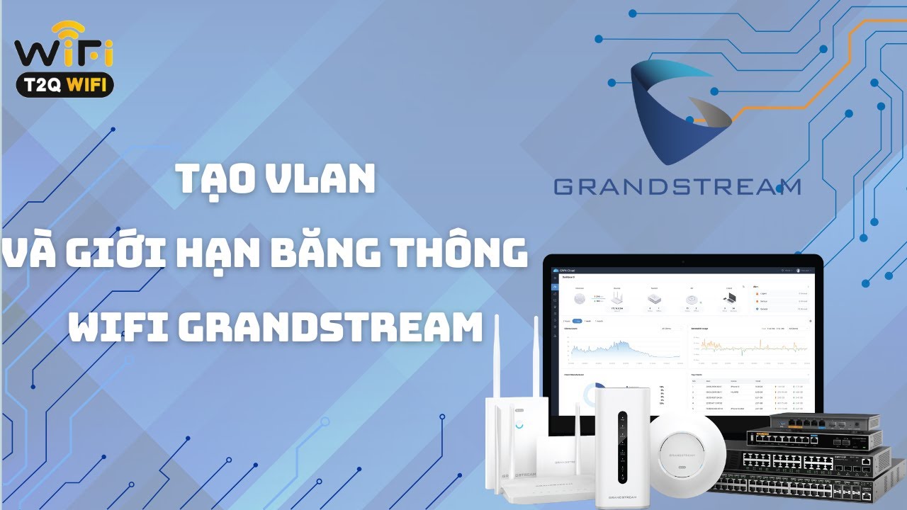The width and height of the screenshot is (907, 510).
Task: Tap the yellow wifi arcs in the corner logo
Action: [x=67, y=32]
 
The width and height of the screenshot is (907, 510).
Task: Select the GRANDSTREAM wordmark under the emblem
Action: [x=677, y=187]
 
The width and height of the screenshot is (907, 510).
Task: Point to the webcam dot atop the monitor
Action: [x=682, y=260]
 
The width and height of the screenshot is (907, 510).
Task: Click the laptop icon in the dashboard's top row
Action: [x=729, y=299]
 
